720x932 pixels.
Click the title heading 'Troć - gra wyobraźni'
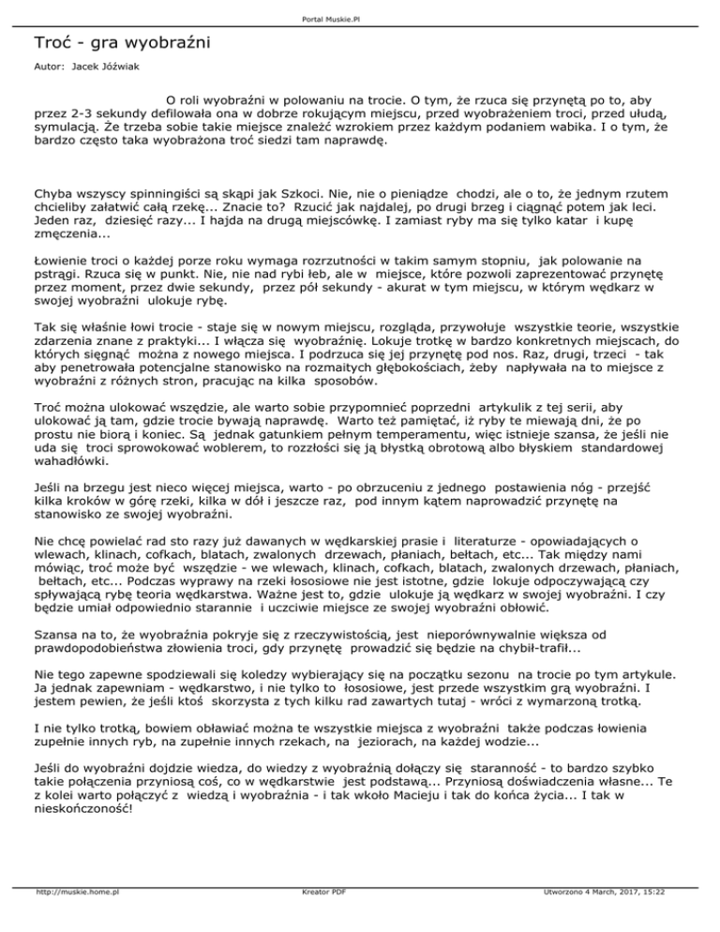pyautogui.click(x=122, y=42)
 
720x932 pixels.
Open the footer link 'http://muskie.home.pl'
pyautogui.click(x=73, y=919)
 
